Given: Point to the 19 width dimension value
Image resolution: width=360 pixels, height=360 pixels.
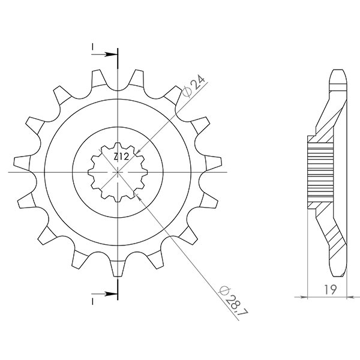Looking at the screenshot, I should tap(329, 290).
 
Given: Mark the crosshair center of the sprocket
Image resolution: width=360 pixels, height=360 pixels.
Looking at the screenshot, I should tap(118, 172).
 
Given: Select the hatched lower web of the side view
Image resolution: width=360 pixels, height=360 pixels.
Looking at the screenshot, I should tap(333, 234).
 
